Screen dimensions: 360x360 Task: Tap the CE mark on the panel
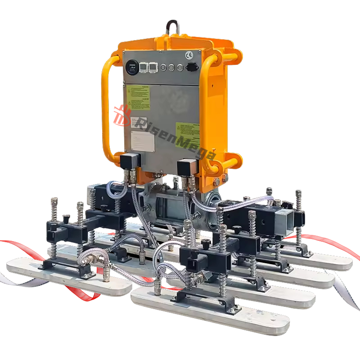[189, 55]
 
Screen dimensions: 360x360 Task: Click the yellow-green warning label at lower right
[187, 134]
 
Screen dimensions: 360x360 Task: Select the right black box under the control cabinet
[186, 166]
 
